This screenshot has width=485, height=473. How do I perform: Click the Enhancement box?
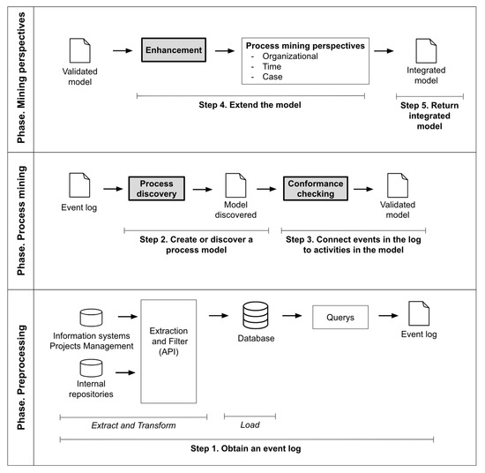coord(174,49)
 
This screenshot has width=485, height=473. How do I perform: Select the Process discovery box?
coord(156,189)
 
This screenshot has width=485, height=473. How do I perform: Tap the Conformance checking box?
coord(316,189)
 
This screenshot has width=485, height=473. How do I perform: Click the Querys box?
coord(340,318)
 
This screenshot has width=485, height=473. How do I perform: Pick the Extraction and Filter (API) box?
coord(168,351)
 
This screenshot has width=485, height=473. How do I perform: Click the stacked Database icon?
coord(256,315)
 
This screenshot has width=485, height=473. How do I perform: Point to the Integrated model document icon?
coord(426,51)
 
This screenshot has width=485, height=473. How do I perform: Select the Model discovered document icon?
coord(235,185)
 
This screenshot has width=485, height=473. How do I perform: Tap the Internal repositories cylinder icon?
coord(91,368)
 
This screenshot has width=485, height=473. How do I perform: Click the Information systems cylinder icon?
coord(91,318)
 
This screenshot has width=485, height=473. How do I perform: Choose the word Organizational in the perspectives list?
coord(290,56)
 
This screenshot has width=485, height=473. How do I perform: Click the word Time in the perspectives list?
coord(272,66)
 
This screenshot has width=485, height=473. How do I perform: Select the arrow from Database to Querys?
coord(292,316)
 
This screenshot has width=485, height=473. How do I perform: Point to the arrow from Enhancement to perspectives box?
coord(225,51)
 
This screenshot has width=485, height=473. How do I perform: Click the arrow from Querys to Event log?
coord(388,316)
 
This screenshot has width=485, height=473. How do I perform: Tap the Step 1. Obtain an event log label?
coord(246,448)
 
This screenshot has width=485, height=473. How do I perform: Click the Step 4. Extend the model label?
coord(250,105)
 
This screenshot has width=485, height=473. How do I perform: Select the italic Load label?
coord(250,424)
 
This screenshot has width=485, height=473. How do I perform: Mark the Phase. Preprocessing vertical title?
coord(21,377)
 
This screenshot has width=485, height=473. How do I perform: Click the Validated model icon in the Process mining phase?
coord(398,185)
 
